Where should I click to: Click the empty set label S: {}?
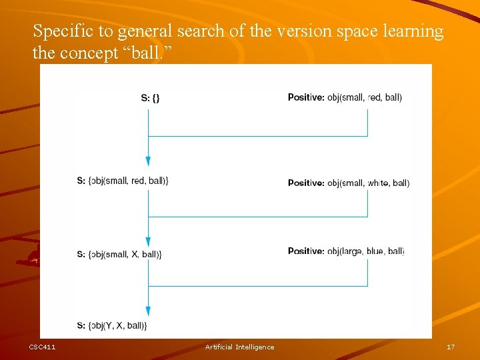click(150, 98)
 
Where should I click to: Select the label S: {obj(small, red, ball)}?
click(123, 181)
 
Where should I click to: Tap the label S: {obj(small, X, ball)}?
click(119, 254)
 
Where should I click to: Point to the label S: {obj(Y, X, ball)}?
click(112, 325)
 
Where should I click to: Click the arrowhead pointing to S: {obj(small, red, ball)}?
click(148, 161)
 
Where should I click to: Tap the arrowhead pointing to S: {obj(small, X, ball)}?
click(148, 242)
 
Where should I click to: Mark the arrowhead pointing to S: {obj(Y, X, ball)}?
click(148, 311)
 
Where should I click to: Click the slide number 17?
click(451, 347)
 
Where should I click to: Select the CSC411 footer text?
click(42, 347)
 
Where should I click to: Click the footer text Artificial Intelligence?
click(239, 347)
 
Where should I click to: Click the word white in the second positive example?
click(378, 183)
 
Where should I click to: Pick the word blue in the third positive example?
click(375, 251)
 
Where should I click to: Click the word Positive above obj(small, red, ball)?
click(306, 97)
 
